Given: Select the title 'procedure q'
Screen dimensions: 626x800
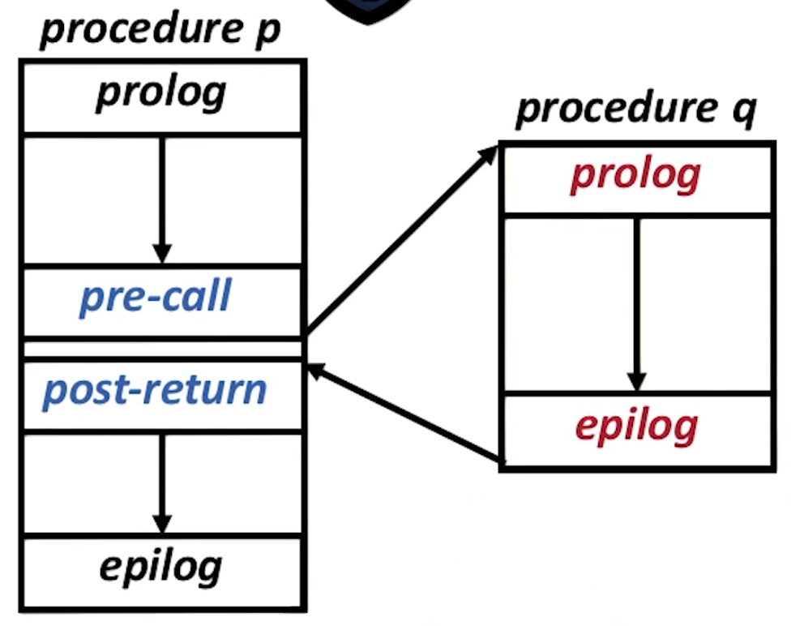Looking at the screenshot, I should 635,109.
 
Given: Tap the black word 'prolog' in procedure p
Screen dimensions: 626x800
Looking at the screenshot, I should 160,93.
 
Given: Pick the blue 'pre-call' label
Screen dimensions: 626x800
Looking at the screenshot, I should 155,298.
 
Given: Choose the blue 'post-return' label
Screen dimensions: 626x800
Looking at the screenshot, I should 154,390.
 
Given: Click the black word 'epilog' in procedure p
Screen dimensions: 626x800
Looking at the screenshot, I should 160,566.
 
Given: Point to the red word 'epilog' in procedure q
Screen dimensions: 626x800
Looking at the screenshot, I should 636,427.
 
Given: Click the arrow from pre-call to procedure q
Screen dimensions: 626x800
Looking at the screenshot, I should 400,241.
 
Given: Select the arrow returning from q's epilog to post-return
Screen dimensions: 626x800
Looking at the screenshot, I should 405,414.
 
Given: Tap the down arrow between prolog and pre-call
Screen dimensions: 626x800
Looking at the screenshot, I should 162,199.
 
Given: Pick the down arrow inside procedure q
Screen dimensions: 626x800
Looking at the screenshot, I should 636,303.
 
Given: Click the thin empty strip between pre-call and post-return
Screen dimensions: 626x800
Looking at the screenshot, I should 162,349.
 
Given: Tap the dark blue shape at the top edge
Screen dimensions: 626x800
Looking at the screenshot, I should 369,10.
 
